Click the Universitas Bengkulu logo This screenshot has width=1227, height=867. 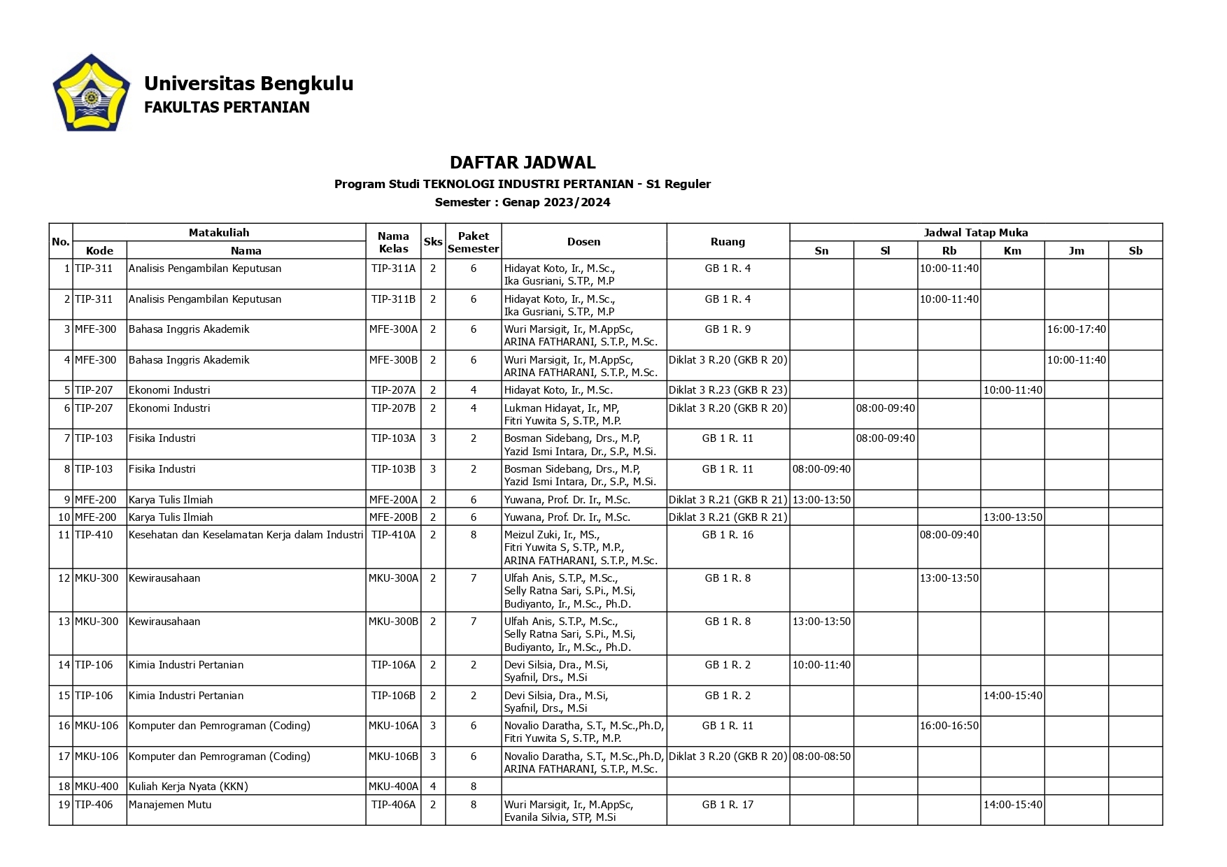tap(91, 93)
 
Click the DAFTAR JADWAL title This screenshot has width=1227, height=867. tap(523, 163)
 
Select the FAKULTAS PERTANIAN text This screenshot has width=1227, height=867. tap(227, 108)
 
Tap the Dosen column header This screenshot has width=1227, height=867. tap(583, 242)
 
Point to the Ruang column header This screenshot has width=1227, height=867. tap(728, 242)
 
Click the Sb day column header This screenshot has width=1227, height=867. tap(1135, 251)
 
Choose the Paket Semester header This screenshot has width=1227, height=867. tap(473, 242)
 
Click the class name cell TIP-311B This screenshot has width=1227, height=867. tap(393, 299)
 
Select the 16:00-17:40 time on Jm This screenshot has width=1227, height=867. tap(1076, 329)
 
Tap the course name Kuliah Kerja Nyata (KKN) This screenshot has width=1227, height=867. tap(188, 787)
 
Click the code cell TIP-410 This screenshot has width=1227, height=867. tap(94, 535)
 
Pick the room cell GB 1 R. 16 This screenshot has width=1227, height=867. tap(728, 535)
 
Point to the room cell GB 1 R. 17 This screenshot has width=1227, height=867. tap(728, 805)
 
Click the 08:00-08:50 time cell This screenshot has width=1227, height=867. tap(821, 757)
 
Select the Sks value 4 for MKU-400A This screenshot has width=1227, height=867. tap(433, 787)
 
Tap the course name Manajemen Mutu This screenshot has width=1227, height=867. tap(170, 805)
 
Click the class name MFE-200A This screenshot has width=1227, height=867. tap(393, 500)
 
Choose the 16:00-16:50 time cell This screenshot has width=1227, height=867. tap(949, 726)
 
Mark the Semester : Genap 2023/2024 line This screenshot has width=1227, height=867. tap(523, 203)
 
